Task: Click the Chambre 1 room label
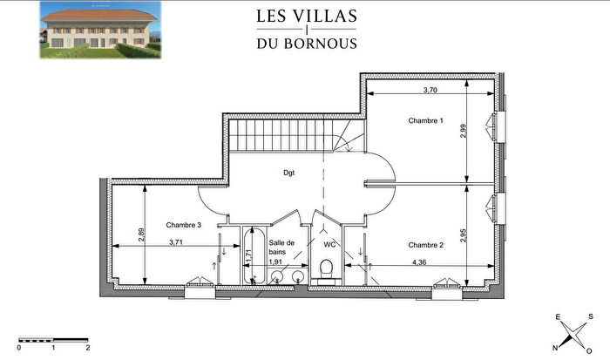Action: (x=426, y=121)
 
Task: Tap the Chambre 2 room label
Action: (x=426, y=245)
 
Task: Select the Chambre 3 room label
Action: (x=184, y=225)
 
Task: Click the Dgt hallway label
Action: (x=288, y=173)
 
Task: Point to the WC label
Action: (x=329, y=245)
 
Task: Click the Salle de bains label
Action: (x=282, y=248)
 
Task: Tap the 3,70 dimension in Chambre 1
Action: (x=430, y=90)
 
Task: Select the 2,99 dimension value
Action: (x=464, y=130)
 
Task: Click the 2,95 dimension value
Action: (x=464, y=233)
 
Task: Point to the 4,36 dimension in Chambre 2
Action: (x=418, y=262)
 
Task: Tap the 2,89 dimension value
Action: (x=140, y=233)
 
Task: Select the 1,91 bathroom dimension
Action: (x=275, y=262)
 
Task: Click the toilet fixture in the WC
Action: (x=326, y=275)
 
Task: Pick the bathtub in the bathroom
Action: (x=255, y=255)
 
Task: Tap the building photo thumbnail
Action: (x=99, y=31)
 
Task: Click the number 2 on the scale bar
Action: (x=88, y=347)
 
